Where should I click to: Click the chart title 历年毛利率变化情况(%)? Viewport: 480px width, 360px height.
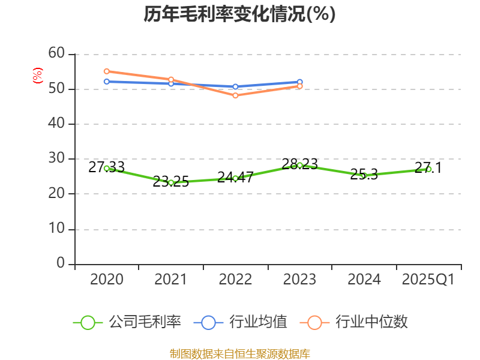click(239, 14)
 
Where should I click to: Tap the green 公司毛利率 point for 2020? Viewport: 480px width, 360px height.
click(107, 169)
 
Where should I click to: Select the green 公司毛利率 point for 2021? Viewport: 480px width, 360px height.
click(171, 182)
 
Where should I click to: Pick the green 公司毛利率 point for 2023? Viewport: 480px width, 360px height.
click(300, 165)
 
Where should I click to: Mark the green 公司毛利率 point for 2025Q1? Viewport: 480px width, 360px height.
click(428, 169)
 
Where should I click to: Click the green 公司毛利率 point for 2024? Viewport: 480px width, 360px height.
click(364, 176)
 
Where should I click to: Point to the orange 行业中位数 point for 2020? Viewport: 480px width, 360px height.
click(107, 71)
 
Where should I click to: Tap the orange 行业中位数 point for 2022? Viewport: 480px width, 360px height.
click(235, 95)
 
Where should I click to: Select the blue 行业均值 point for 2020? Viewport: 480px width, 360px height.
click(107, 82)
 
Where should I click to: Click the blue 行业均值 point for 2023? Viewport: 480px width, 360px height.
click(300, 82)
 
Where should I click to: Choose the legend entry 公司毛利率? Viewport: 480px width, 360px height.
click(127, 322)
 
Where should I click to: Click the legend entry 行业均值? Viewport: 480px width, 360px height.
click(241, 322)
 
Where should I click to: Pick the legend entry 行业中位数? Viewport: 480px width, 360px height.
click(358, 322)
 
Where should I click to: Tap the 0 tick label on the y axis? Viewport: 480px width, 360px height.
click(61, 264)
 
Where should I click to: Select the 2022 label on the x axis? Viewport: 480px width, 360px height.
click(235, 280)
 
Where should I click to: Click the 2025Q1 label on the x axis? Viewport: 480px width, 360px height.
click(428, 280)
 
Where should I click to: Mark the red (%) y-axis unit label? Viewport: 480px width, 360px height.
click(37, 76)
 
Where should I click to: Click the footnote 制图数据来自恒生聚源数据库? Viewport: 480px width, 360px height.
click(239, 353)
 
